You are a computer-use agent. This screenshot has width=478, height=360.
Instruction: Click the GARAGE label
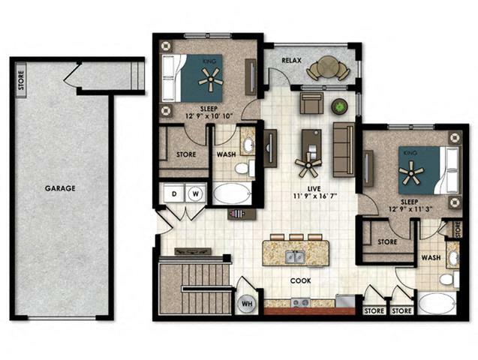(59, 188)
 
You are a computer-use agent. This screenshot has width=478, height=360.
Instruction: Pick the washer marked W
(195, 192)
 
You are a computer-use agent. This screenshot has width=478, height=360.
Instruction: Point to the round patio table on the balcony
(326, 70)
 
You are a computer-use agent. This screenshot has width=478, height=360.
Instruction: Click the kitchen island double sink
(295, 257)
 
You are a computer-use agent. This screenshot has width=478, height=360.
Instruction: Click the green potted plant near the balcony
(340, 106)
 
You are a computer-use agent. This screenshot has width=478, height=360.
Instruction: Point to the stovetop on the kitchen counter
(301, 303)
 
